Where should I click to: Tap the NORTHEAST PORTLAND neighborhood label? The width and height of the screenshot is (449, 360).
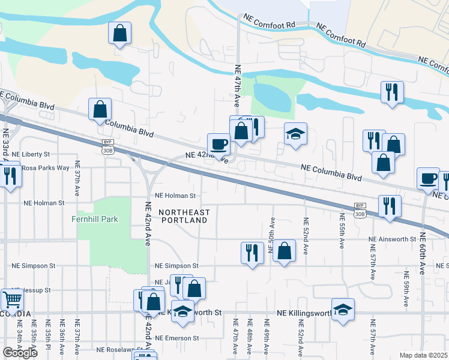click(x=184, y=216)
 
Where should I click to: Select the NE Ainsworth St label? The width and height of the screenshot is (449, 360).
click(x=392, y=239)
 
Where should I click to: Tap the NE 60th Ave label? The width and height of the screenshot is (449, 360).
click(x=423, y=253)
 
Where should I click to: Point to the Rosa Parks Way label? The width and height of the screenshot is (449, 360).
click(x=46, y=168)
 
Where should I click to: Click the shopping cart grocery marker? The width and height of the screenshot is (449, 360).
click(x=11, y=299)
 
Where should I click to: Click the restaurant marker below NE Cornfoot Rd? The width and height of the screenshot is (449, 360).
click(x=392, y=92)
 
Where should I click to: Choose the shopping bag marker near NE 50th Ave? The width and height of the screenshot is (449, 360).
click(x=285, y=250)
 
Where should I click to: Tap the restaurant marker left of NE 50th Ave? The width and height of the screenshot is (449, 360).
click(x=252, y=252)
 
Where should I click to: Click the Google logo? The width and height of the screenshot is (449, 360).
click(x=20, y=352)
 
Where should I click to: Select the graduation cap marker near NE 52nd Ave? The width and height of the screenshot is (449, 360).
click(x=343, y=309)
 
